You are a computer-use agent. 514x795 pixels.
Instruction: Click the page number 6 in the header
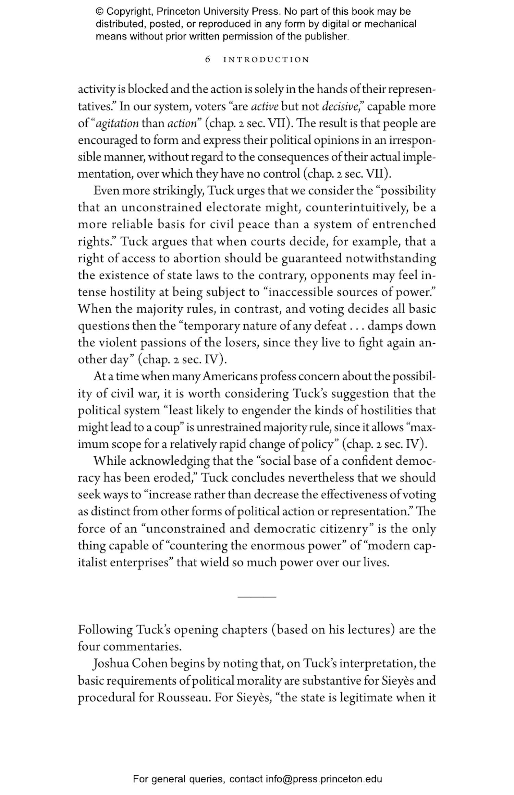tap(207, 60)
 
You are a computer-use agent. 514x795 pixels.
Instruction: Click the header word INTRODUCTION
tap(266, 60)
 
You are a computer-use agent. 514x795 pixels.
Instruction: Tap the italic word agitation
tap(117, 123)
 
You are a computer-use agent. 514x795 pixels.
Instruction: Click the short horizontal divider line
tap(257, 597)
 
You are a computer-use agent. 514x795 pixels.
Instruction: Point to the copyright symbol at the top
tap(99, 12)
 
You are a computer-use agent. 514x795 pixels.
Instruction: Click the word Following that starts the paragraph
tap(105, 630)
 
